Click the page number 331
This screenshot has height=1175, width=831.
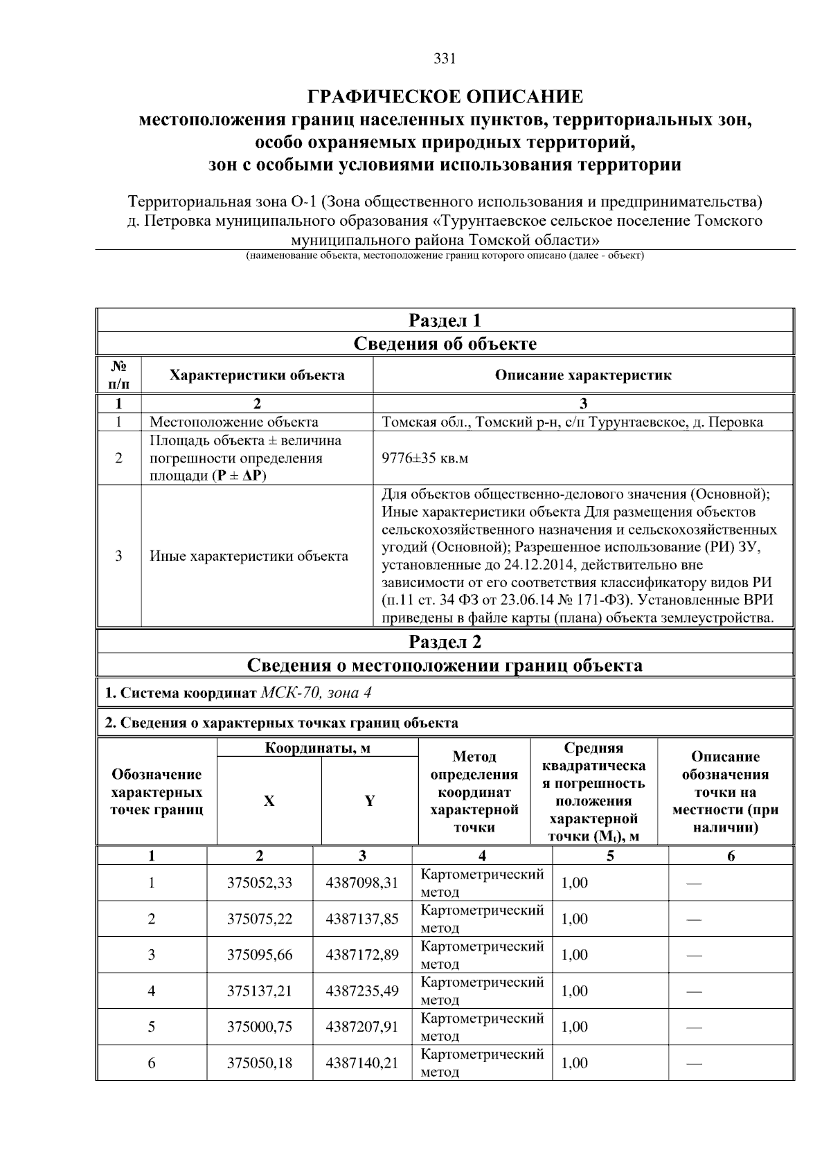click(444, 59)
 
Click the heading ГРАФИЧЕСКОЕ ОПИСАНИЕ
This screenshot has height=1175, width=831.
click(445, 96)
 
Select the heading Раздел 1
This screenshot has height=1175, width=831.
click(445, 321)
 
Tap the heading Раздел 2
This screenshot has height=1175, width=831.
click(445, 642)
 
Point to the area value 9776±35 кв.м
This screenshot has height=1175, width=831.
click(425, 458)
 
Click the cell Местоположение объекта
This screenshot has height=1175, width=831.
click(234, 422)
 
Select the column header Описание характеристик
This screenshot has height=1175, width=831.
click(583, 375)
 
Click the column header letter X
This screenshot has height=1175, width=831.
click(269, 801)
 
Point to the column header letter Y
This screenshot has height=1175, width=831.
click(370, 801)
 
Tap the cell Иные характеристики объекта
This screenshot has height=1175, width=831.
click(249, 556)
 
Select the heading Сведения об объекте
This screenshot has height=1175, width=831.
click(445, 344)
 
